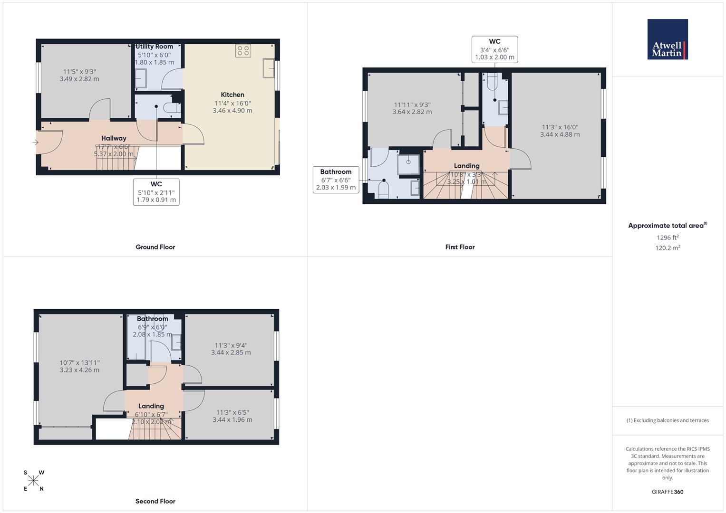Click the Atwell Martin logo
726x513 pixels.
(x=668, y=39)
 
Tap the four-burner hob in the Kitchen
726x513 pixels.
(x=243, y=51)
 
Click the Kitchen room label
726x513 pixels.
(x=232, y=95)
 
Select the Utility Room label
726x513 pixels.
(x=154, y=47)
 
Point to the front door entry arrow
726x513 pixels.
(x=35, y=142)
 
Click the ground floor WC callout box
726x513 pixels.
(x=156, y=192)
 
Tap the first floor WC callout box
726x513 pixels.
(x=494, y=49)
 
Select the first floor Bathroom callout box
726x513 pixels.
(x=336, y=180)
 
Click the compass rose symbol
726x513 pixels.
(x=33, y=481)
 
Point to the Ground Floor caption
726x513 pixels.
(x=155, y=247)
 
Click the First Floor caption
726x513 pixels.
(x=460, y=247)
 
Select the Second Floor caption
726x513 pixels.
(x=155, y=501)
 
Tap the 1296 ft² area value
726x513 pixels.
(x=668, y=237)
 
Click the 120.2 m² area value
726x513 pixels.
(x=668, y=247)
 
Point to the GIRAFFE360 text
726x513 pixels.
(x=668, y=492)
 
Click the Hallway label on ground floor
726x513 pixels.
(x=114, y=138)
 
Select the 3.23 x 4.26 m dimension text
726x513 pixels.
(x=79, y=370)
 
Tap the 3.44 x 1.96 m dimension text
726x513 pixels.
(x=232, y=420)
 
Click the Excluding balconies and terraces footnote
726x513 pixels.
(x=668, y=420)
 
